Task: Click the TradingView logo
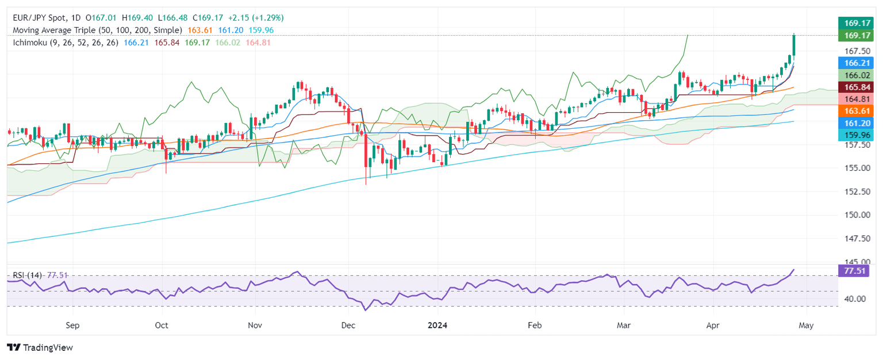pos(40,347)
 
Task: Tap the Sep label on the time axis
pos(72,325)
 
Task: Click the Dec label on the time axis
pos(349,325)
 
